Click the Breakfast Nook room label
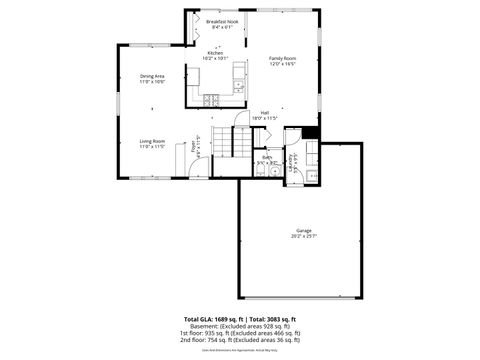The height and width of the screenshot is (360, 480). point(222,21)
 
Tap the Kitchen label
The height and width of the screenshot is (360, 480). point(215,53)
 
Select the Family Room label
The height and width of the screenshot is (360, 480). point(283,58)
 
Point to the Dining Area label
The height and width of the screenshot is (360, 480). point(152,76)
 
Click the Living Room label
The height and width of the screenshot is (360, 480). point(152,141)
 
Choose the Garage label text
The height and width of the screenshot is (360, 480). point(303,230)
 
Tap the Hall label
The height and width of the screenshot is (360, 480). point(265,113)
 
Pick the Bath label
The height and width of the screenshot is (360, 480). point(267,156)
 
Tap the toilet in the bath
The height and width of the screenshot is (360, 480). point(273,170)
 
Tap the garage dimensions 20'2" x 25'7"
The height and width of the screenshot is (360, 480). point(303,236)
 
